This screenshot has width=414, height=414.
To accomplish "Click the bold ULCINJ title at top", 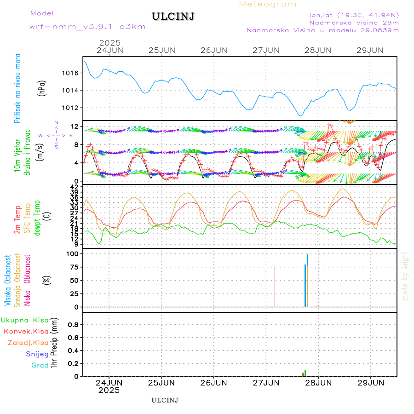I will click(x=173, y=17).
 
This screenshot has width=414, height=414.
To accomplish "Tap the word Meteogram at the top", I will click(x=268, y=4).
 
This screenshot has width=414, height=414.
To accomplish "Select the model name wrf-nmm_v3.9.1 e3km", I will click(x=87, y=27).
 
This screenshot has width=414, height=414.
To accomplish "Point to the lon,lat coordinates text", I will click(x=354, y=14).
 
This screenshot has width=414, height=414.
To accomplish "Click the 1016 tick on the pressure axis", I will click(x=70, y=73).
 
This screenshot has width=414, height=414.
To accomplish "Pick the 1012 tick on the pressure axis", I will click(x=70, y=108).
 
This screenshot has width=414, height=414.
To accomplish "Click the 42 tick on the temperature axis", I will click(x=75, y=186).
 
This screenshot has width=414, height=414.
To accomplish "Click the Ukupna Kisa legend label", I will click(x=24, y=320).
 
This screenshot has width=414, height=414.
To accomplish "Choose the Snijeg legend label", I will click(x=36, y=354).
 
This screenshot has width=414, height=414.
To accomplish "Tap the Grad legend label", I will click(x=40, y=365).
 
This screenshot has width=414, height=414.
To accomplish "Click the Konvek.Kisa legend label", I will click(x=26, y=331).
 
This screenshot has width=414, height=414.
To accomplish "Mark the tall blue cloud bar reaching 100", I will click(x=307, y=281).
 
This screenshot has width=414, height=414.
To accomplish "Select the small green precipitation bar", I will click(x=305, y=373).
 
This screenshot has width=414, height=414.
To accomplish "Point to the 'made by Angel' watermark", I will click(x=405, y=276).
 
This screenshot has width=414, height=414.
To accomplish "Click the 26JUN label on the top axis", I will click(x=214, y=50).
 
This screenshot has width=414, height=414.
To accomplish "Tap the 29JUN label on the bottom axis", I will click(x=371, y=382).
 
